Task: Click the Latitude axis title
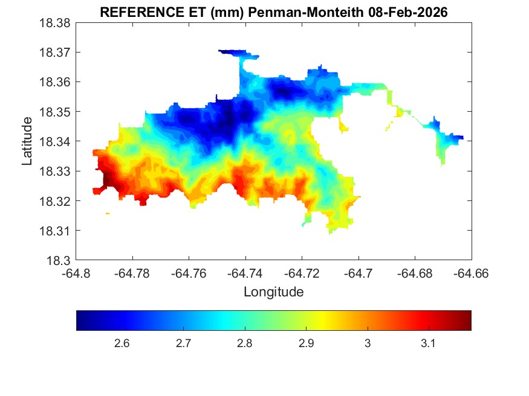[x=27, y=141]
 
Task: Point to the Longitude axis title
[x=273, y=292]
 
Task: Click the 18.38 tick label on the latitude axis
[x=56, y=23]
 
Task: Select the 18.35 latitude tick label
[x=56, y=112]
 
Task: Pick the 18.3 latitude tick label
[x=60, y=261]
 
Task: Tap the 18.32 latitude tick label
[x=56, y=201]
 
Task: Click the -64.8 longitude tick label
[x=77, y=273]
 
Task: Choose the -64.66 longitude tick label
[x=472, y=273]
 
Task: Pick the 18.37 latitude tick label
[x=56, y=53]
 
